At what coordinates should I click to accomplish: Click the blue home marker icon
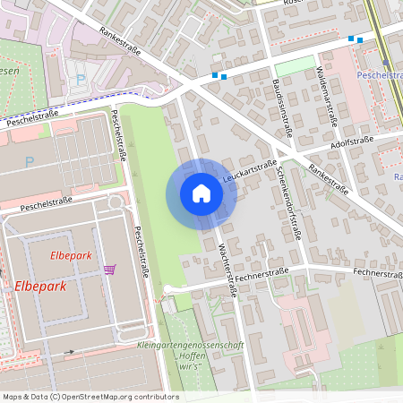201,193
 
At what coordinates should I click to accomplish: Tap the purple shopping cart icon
109,269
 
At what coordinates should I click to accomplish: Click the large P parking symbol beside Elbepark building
30,162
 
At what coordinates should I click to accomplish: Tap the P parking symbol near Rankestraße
82,80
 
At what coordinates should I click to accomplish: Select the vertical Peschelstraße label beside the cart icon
140,250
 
